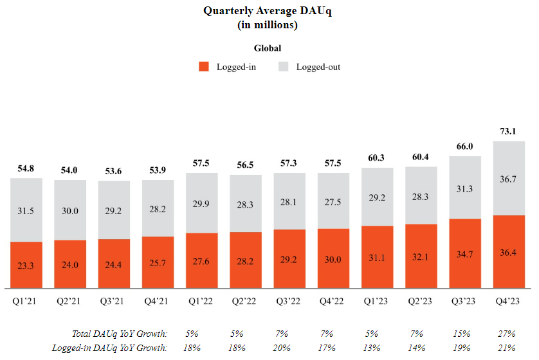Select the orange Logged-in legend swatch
point(204,66)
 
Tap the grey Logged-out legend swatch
point(284,66)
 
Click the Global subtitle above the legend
point(268,48)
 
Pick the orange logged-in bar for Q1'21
point(26,264)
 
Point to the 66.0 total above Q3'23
point(465,146)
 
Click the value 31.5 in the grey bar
point(26,210)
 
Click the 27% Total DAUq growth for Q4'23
point(506,334)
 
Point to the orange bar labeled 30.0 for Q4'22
point(334,258)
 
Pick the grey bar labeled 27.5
point(334,201)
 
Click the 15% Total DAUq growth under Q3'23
point(462,334)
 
